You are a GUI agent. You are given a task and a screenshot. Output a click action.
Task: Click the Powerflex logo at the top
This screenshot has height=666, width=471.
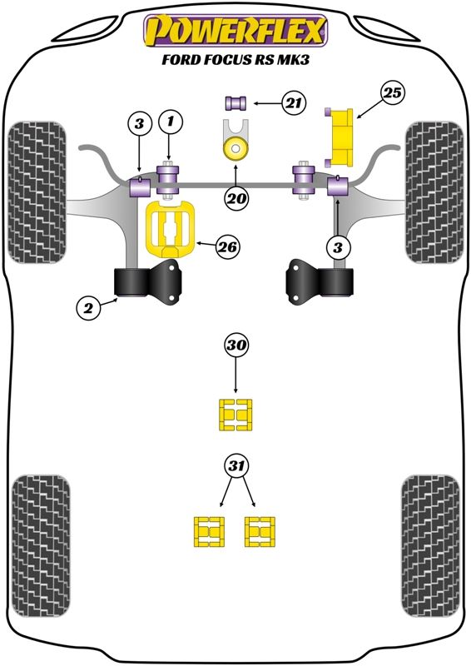(x=235, y=31)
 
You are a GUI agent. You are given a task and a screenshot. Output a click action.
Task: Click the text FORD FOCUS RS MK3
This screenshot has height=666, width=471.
(x=235, y=59)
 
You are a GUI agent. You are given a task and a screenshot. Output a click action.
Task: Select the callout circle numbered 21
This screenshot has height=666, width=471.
(x=294, y=103)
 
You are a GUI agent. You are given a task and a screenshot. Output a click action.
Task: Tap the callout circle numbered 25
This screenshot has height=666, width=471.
(x=392, y=93)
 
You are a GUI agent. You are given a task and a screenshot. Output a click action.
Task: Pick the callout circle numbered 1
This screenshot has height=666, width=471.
(x=171, y=122)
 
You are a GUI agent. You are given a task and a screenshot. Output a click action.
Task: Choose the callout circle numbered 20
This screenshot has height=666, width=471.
(x=237, y=198)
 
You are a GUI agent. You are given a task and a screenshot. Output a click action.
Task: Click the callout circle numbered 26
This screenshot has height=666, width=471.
(x=228, y=246)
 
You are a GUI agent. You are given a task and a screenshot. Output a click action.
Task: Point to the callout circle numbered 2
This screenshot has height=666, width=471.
(x=88, y=307)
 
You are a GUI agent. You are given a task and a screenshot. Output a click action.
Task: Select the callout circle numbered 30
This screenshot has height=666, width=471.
(x=236, y=345)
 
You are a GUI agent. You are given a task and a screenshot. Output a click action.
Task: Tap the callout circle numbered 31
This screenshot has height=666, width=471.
(x=236, y=466)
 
